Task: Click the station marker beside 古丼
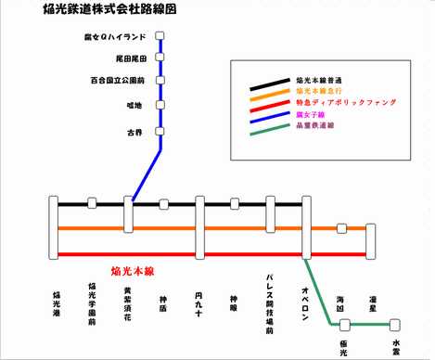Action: pos(160,131)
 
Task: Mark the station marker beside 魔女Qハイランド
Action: pos(160,36)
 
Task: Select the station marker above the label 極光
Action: pos(344,324)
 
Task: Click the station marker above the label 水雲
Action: pos(395,324)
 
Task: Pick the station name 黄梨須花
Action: pos(127,303)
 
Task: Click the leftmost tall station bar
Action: pos(57,227)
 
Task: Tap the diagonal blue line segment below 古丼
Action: pos(147,168)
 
